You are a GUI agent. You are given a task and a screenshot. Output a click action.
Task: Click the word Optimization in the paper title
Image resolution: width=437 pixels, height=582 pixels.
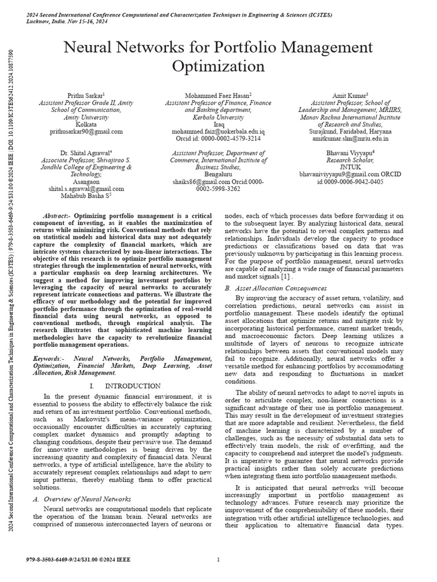click(218, 66)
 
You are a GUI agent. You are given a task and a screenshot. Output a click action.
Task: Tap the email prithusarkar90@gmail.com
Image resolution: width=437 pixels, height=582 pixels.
click(86, 131)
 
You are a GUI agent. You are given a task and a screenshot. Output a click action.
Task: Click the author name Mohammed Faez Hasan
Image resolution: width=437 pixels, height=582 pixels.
click(217, 95)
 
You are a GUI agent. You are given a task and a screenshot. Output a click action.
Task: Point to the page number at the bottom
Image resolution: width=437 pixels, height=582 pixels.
click(218, 560)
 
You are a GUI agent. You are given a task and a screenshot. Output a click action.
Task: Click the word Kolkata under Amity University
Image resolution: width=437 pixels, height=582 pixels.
click(86, 124)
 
